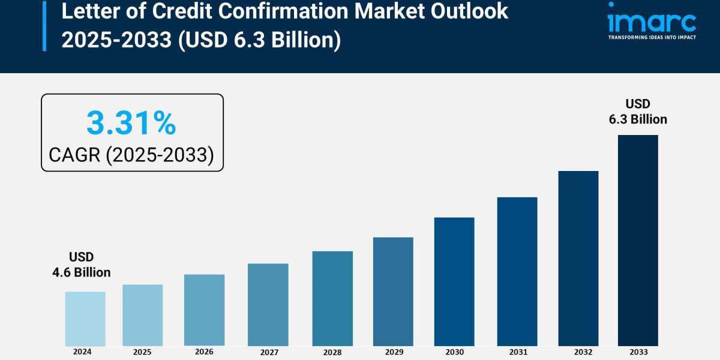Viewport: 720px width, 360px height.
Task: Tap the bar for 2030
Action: pos(454,281)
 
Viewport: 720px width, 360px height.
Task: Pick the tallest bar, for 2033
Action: pos(638,240)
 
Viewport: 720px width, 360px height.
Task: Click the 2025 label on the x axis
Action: pos(142,352)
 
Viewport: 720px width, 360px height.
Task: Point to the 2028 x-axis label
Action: pos(332,352)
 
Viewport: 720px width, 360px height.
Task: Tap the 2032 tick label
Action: pos(578,352)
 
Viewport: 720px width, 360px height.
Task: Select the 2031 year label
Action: pos(517,352)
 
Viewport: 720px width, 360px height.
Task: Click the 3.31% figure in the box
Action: pos(131,123)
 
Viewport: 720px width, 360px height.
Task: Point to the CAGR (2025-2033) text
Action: pos(131,155)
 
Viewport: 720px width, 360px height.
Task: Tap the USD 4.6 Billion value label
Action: pos(82,265)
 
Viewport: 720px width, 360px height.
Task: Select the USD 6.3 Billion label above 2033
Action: pos(638,112)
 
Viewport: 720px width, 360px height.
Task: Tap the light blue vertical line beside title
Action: pos(44,25)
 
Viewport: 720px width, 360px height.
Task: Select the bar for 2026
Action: pos(204,310)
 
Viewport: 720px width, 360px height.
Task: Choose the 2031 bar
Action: pos(517,271)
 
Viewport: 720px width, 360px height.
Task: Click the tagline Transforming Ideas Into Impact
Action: pos(652,37)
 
